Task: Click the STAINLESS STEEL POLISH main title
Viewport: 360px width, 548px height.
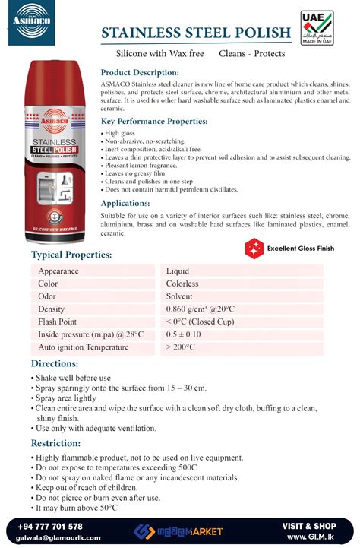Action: click(x=196, y=33)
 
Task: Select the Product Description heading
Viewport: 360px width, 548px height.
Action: click(x=140, y=72)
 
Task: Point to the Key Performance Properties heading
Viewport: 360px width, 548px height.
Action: click(x=153, y=121)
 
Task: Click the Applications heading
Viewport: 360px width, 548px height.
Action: click(x=125, y=203)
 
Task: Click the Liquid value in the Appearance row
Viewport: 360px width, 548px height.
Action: click(x=178, y=271)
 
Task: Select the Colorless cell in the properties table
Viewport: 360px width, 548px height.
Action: click(x=182, y=284)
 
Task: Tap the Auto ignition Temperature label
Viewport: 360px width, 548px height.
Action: click(x=84, y=347)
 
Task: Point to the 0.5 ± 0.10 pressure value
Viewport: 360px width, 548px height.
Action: click(x=183, y=334)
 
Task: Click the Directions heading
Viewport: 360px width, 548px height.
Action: click(x=55, y=364)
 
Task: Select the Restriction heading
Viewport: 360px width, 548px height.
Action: click(x=56, y=443)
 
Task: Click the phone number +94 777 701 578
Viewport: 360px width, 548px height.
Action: click(x=49, y=526)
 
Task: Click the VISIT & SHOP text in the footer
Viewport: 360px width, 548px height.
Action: click(x=308, y=526)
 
